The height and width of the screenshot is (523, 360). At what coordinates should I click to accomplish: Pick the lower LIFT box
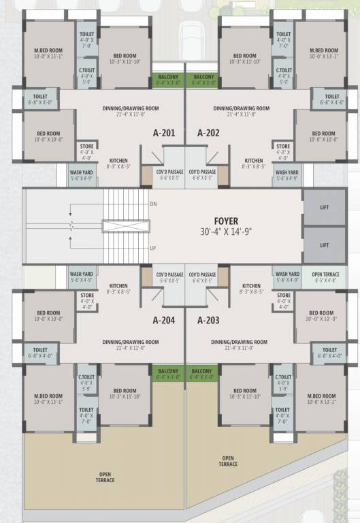(325, 245)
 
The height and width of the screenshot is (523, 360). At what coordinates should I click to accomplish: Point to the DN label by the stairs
(152, 204)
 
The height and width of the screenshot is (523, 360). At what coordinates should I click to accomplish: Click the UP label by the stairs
(152, 249)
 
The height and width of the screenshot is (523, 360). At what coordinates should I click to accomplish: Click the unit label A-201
(165, 133)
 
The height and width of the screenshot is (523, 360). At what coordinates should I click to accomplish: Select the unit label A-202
(208, 133)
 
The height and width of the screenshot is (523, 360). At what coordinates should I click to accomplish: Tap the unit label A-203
(208, 319)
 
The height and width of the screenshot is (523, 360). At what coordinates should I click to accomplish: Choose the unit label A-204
(165, 319)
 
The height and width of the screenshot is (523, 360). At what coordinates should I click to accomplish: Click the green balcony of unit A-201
(167, 80)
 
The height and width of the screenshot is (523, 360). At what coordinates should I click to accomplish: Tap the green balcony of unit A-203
(203, 374)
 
